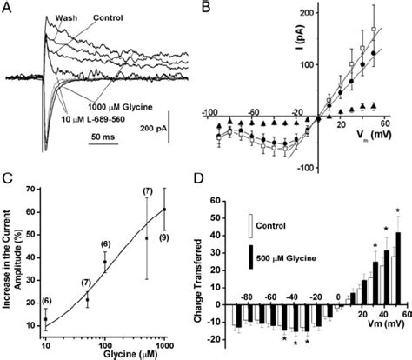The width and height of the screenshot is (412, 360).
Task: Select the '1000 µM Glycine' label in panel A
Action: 122,105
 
